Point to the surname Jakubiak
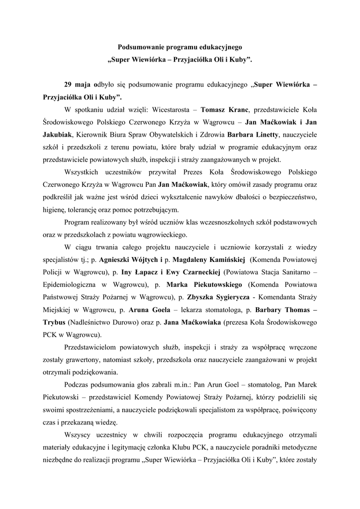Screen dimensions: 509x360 coord(57,134)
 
